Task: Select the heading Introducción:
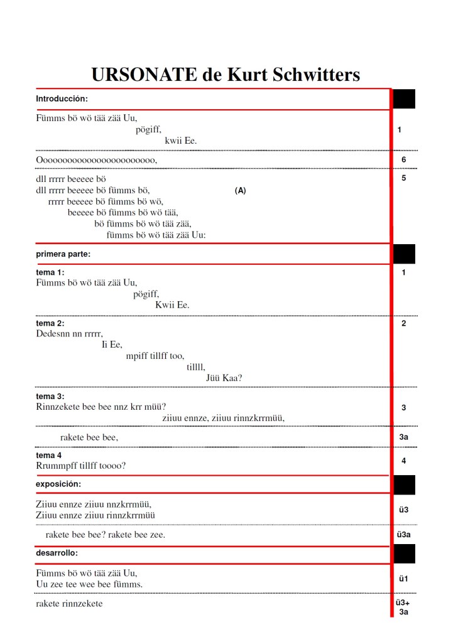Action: tap(62, 99)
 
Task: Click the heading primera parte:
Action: tap(63, 254)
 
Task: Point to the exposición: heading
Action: tap(58, 484)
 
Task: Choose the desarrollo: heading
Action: tap(57, 553)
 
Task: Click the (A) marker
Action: tap(240, 191)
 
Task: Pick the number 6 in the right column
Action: tap(403, 160)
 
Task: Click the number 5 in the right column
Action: tap(403, 178)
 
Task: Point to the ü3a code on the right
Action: tap(403, 535)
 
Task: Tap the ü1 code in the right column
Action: tap(403, 579)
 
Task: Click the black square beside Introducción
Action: tap(404, 99)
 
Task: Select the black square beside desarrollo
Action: tap(404, 554)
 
